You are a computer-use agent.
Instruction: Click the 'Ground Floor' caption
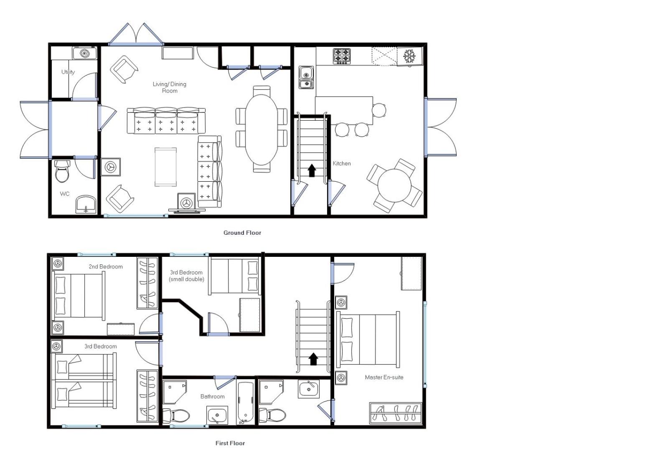(242, 233)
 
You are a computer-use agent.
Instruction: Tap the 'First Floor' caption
(230, 443)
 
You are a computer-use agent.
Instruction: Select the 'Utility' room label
(68, 72)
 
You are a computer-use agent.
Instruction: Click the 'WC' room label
(64, 194)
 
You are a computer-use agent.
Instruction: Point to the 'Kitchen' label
(342, 163)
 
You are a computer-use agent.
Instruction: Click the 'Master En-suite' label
(384, 377)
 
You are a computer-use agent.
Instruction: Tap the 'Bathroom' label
(212, 396)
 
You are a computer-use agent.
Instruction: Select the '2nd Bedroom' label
(106, 266)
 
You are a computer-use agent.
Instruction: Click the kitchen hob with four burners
(342, 56)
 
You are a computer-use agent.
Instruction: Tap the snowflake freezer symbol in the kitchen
(409, 56)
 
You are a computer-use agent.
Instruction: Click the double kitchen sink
(306, 78)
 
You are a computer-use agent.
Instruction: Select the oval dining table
(262, 129)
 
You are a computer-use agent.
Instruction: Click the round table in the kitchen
(394, 185)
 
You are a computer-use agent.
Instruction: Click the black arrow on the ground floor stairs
(312, 171)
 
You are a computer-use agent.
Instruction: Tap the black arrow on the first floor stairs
(313, 359)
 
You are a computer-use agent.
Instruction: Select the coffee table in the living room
(165, 167)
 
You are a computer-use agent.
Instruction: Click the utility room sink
(85, 53)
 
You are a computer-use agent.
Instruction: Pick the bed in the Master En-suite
(368, 340)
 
